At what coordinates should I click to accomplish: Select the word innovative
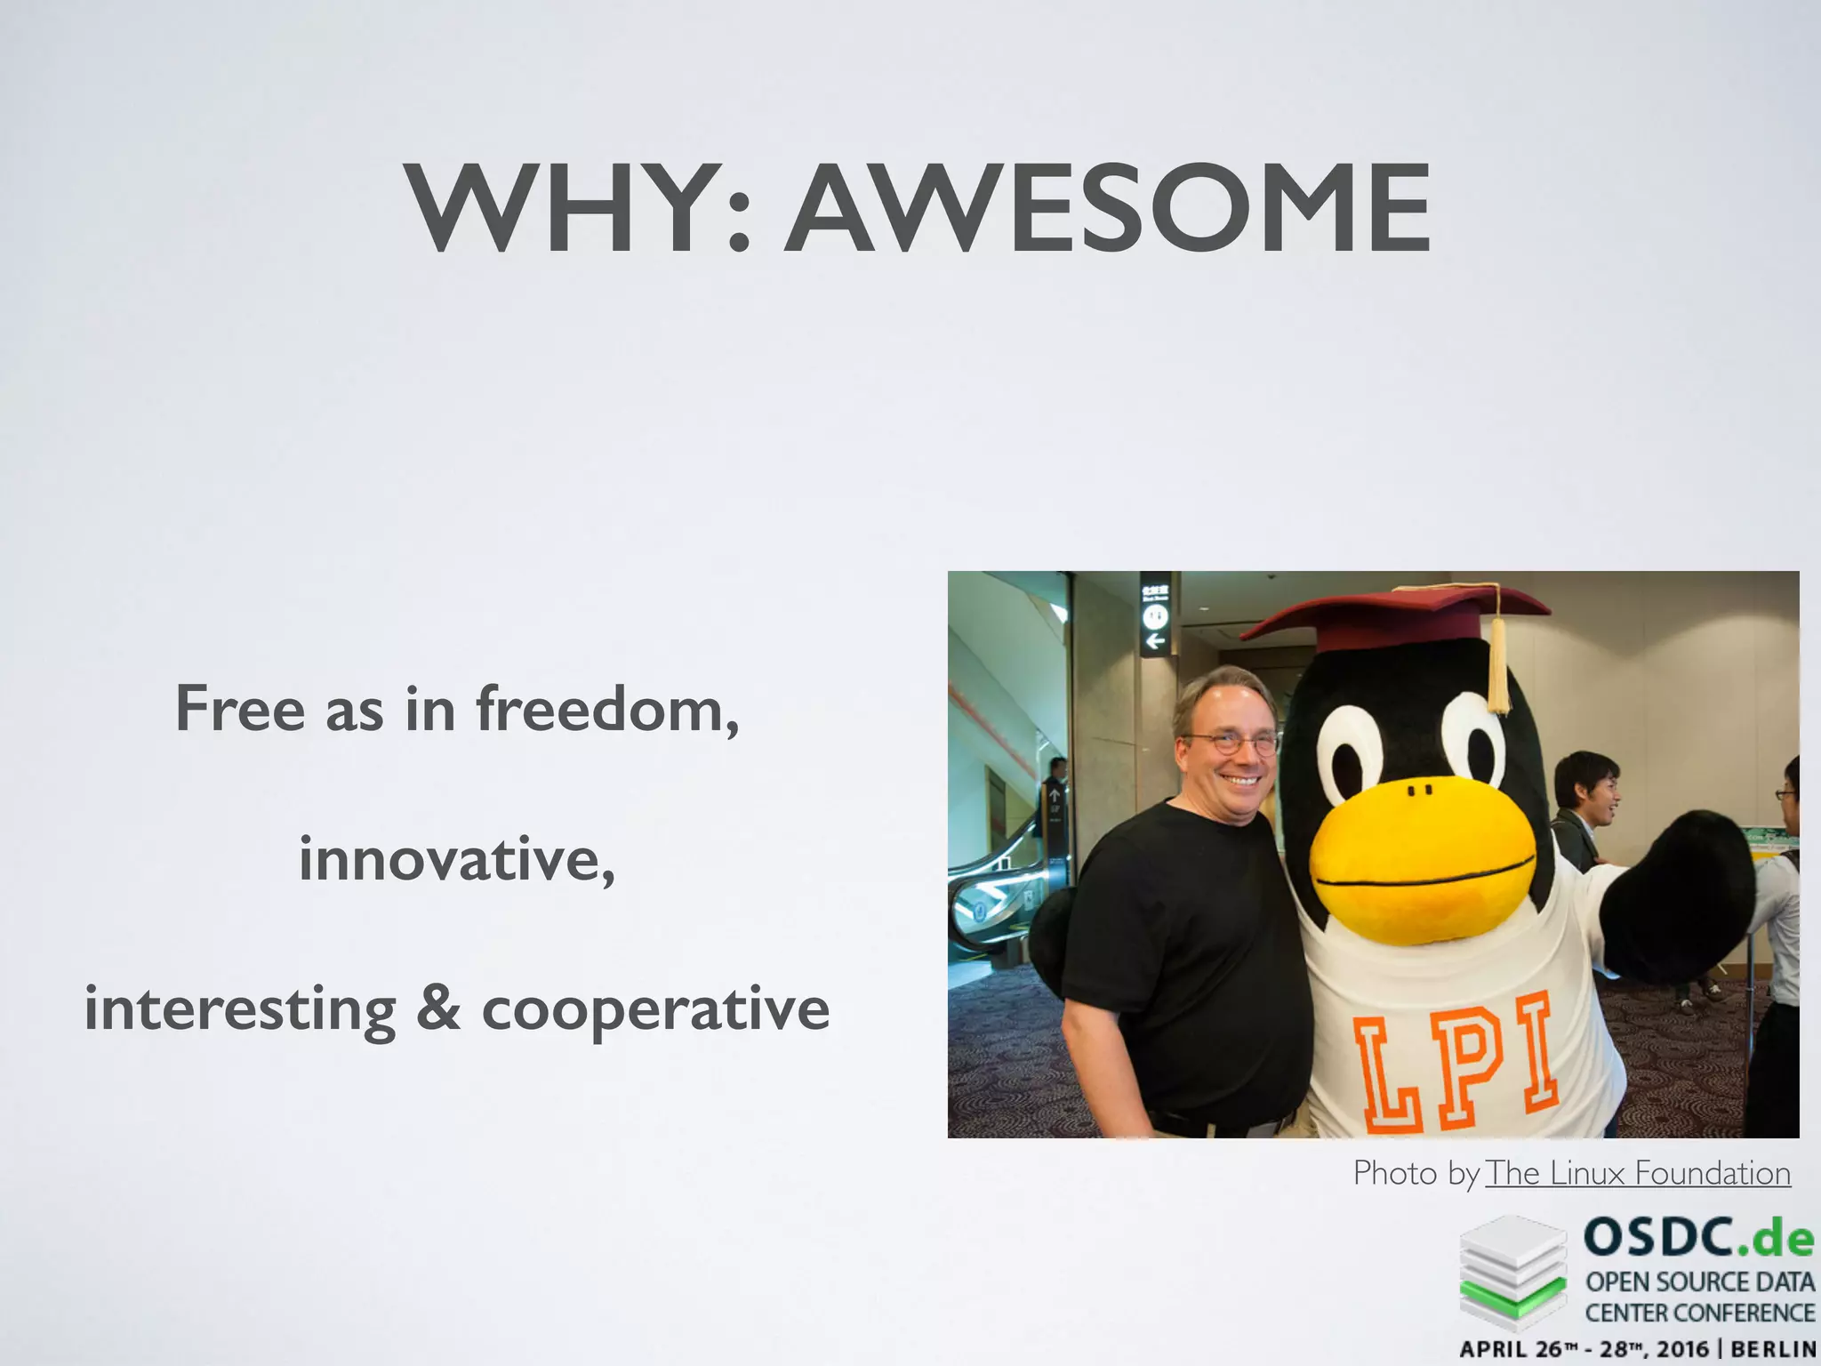456,859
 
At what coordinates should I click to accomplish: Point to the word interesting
240,1009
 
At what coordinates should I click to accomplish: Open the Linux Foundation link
1638,1173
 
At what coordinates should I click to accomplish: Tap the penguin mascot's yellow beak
1423,858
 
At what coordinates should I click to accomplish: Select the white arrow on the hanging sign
1155,641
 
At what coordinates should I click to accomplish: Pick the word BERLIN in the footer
1775,1349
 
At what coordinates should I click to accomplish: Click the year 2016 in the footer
1682,1349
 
